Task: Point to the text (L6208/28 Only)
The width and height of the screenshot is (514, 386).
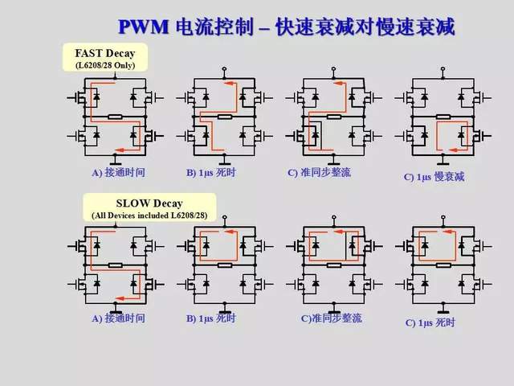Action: click(x=107, y=64)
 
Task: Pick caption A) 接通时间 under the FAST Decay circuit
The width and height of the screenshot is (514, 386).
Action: click(x=118, y=172)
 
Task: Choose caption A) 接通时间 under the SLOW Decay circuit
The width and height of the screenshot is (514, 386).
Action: click(x=118, y=318)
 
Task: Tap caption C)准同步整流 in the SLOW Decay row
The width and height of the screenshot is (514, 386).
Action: click(x=328, y=318)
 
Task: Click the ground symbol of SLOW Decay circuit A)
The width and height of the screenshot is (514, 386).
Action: click(x=117, y=306)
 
